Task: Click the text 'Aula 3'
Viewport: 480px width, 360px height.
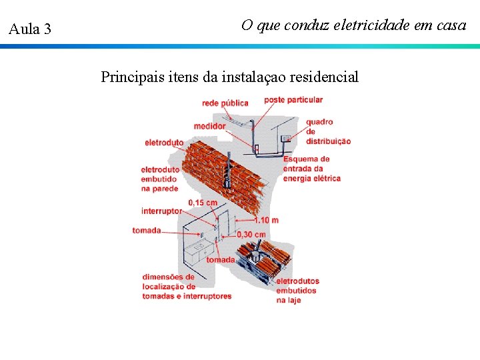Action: [29, 29]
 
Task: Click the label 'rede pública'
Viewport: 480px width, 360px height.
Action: [225, 103]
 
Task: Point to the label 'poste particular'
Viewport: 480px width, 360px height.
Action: [293, 100]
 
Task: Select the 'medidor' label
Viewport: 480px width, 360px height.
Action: [209, 126]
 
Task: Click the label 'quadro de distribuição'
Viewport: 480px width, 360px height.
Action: [328, 131]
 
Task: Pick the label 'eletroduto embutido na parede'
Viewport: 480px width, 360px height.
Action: [160, 179]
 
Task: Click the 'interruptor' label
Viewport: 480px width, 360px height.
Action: [161, 211]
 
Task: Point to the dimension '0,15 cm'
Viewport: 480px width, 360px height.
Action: [203, 202]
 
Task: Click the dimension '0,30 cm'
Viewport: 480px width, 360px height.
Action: [251, 234]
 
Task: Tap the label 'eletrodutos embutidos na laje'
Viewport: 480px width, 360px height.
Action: [297, 290]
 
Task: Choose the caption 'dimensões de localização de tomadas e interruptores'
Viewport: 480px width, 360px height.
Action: [186, 287]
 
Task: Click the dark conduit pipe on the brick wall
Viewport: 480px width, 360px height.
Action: [228, 170]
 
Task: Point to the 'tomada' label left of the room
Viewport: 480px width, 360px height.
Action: [147, 231]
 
